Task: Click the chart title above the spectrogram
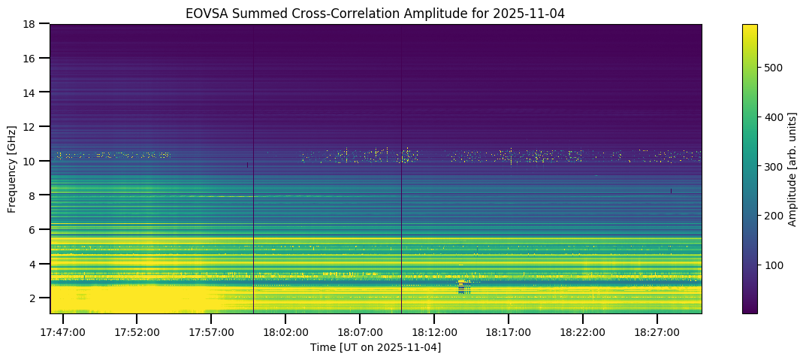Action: tap(375, 13)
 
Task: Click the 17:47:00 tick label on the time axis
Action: tap(62, 331)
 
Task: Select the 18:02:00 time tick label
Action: tap(285, 331)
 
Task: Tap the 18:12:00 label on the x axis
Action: tap(433, 331)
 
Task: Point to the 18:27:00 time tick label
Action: tap(657, 331)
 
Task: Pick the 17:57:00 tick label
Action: tap(210, 331)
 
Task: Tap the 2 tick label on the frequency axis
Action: tap(33, 298)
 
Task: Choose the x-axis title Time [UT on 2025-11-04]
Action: tap(375, 347)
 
